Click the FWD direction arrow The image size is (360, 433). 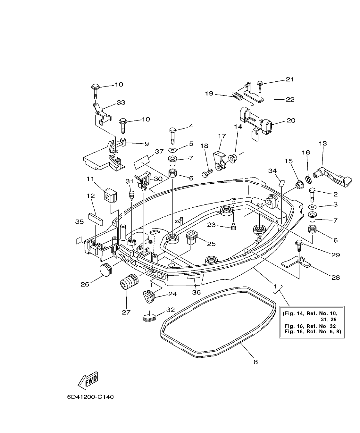(x=88, y=380)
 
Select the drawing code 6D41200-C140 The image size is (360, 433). (x=90, y=397)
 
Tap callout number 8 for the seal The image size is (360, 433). (x=255, y=362)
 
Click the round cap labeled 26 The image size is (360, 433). (x=106, y=269)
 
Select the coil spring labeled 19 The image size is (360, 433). (x=238, y=96)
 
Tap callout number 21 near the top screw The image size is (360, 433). (x=289, y=79)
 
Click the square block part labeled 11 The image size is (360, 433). (x=110, y=196)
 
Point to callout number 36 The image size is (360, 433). (x=196, y=292)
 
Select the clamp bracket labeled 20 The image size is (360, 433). (x=256, y=121)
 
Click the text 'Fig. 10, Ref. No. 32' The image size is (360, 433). (x=310, y=326)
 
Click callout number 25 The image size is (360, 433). (x=211, y=244)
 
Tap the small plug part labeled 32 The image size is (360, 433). (x=149, y=317)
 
